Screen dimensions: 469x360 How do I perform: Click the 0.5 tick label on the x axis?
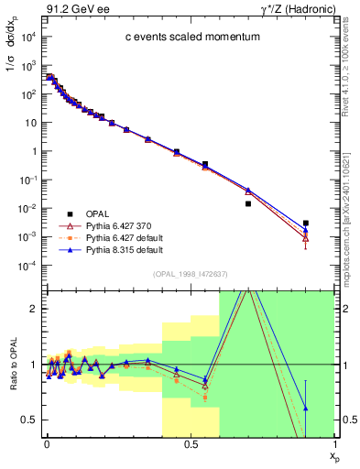point(190,444)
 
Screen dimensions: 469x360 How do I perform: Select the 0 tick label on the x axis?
point(47,444)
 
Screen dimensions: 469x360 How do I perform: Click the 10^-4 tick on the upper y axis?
point(29,266)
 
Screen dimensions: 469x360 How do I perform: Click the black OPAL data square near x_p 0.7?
point(248,203)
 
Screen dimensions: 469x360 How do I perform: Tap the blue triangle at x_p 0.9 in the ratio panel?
point(306,408)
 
